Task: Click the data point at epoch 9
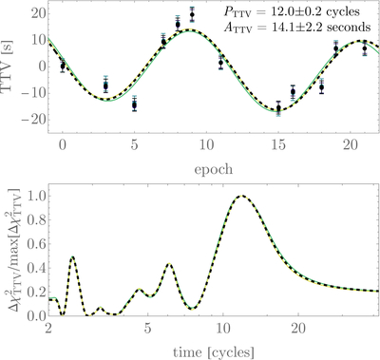point(192,14)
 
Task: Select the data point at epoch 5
point(135,105)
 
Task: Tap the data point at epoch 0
point(63,66)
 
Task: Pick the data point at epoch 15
point(278,108)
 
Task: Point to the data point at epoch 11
point(221,63)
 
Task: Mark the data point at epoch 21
point(365,48)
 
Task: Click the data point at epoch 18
point(322,87)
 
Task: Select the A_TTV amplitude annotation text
point(296,28)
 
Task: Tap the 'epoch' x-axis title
point(214,170)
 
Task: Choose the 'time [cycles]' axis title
point(214,351)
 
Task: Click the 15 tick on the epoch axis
point(278,145)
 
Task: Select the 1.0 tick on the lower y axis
point(35,197)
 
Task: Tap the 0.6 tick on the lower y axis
point(35,244)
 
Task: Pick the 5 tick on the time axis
point(147,329)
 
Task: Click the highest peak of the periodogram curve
point(242,196)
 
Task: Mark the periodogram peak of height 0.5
point(72,256)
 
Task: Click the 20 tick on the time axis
point(298,329)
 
